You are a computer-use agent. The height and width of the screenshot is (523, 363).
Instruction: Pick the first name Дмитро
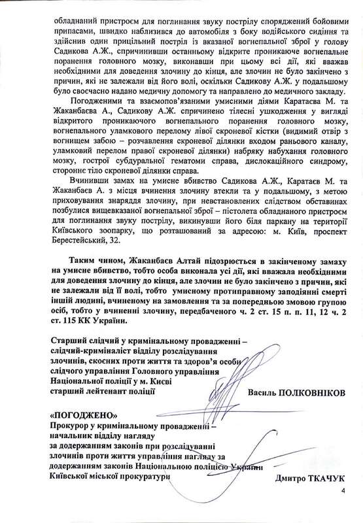(283, 480)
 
